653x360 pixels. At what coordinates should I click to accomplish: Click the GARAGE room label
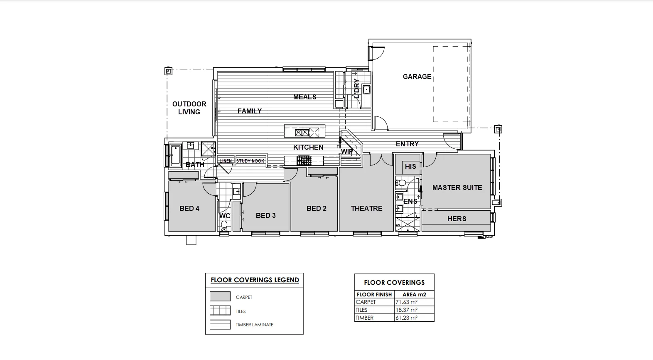(x=417, y=76)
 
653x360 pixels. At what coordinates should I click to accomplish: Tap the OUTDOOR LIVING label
(x=189, y=108)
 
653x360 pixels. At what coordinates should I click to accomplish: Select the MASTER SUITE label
(x=457, y=187)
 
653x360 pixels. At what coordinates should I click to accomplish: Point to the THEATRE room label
(x=366, y=208)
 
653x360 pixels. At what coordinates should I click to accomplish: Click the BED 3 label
(x=265, y=215)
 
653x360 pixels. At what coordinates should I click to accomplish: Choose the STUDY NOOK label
(x=250, y=161)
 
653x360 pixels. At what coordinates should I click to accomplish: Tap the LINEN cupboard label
(x=226, y=161)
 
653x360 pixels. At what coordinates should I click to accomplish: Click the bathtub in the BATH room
(x=175, y=155)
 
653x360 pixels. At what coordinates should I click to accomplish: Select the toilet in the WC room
(x=224, y=226)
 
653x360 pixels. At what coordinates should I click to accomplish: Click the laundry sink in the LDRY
(x=366, y=89)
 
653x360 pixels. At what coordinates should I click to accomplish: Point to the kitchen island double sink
(x=302, y=133)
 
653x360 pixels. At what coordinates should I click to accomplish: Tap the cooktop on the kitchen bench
(x=304, y=160)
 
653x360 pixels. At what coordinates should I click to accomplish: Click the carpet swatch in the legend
(x=220, y=296)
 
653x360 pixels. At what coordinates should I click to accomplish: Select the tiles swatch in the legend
(x=220, y=311)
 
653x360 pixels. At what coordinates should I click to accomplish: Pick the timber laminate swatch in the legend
(x=220, y=325)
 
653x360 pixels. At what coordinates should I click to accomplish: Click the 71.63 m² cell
(x=406, y=302)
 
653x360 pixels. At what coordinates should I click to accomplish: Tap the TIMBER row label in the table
(x=364, y=318)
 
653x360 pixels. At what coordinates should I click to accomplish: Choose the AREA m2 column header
(x=414, y=294)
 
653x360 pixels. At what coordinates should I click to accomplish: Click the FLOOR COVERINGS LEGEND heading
(x=255, y=280)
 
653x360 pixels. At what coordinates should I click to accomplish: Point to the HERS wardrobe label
(x=457, y=219)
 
